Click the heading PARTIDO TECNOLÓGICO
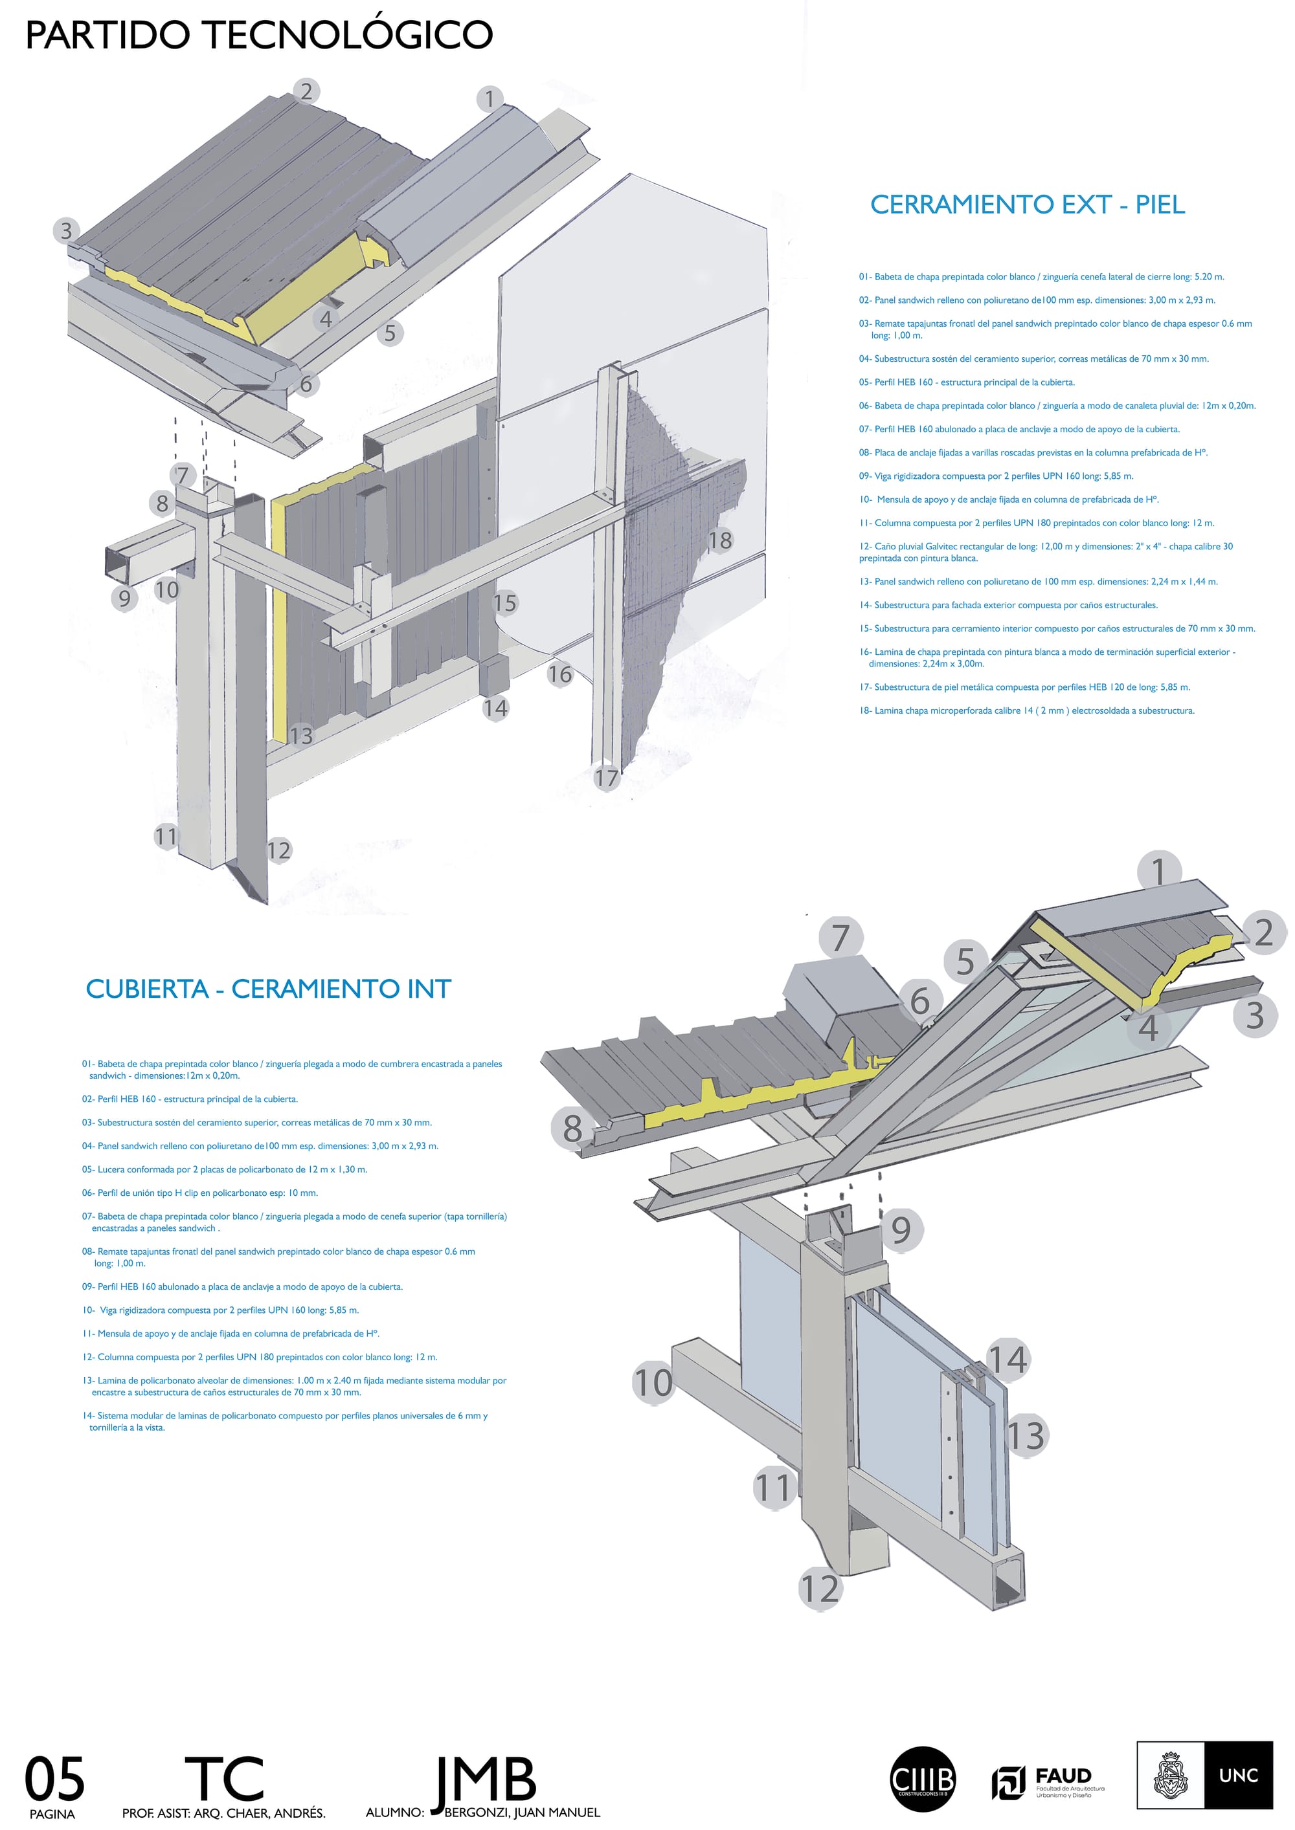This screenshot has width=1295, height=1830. (259, 35)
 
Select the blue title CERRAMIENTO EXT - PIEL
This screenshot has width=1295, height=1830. (1027, 205)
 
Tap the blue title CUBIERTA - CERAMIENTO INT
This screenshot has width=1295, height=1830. (268, 989)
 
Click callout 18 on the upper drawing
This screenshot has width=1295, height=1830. (720, 540)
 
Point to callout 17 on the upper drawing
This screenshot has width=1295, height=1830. (607, 777)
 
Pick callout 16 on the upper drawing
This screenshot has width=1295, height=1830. (560, 674)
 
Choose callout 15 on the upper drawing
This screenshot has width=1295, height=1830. (506, 602)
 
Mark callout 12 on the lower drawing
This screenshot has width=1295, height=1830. (820, 1589)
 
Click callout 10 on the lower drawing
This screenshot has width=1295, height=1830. (653, 1382)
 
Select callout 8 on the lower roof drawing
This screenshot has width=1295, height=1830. (572, 1129)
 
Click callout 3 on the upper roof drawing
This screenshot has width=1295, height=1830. (66, 230)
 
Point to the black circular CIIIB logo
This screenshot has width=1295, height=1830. (922, 1778)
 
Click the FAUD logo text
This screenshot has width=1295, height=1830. (1063, 1776)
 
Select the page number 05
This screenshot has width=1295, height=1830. (54, 1778)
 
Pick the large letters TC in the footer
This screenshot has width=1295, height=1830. (224, 1778)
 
